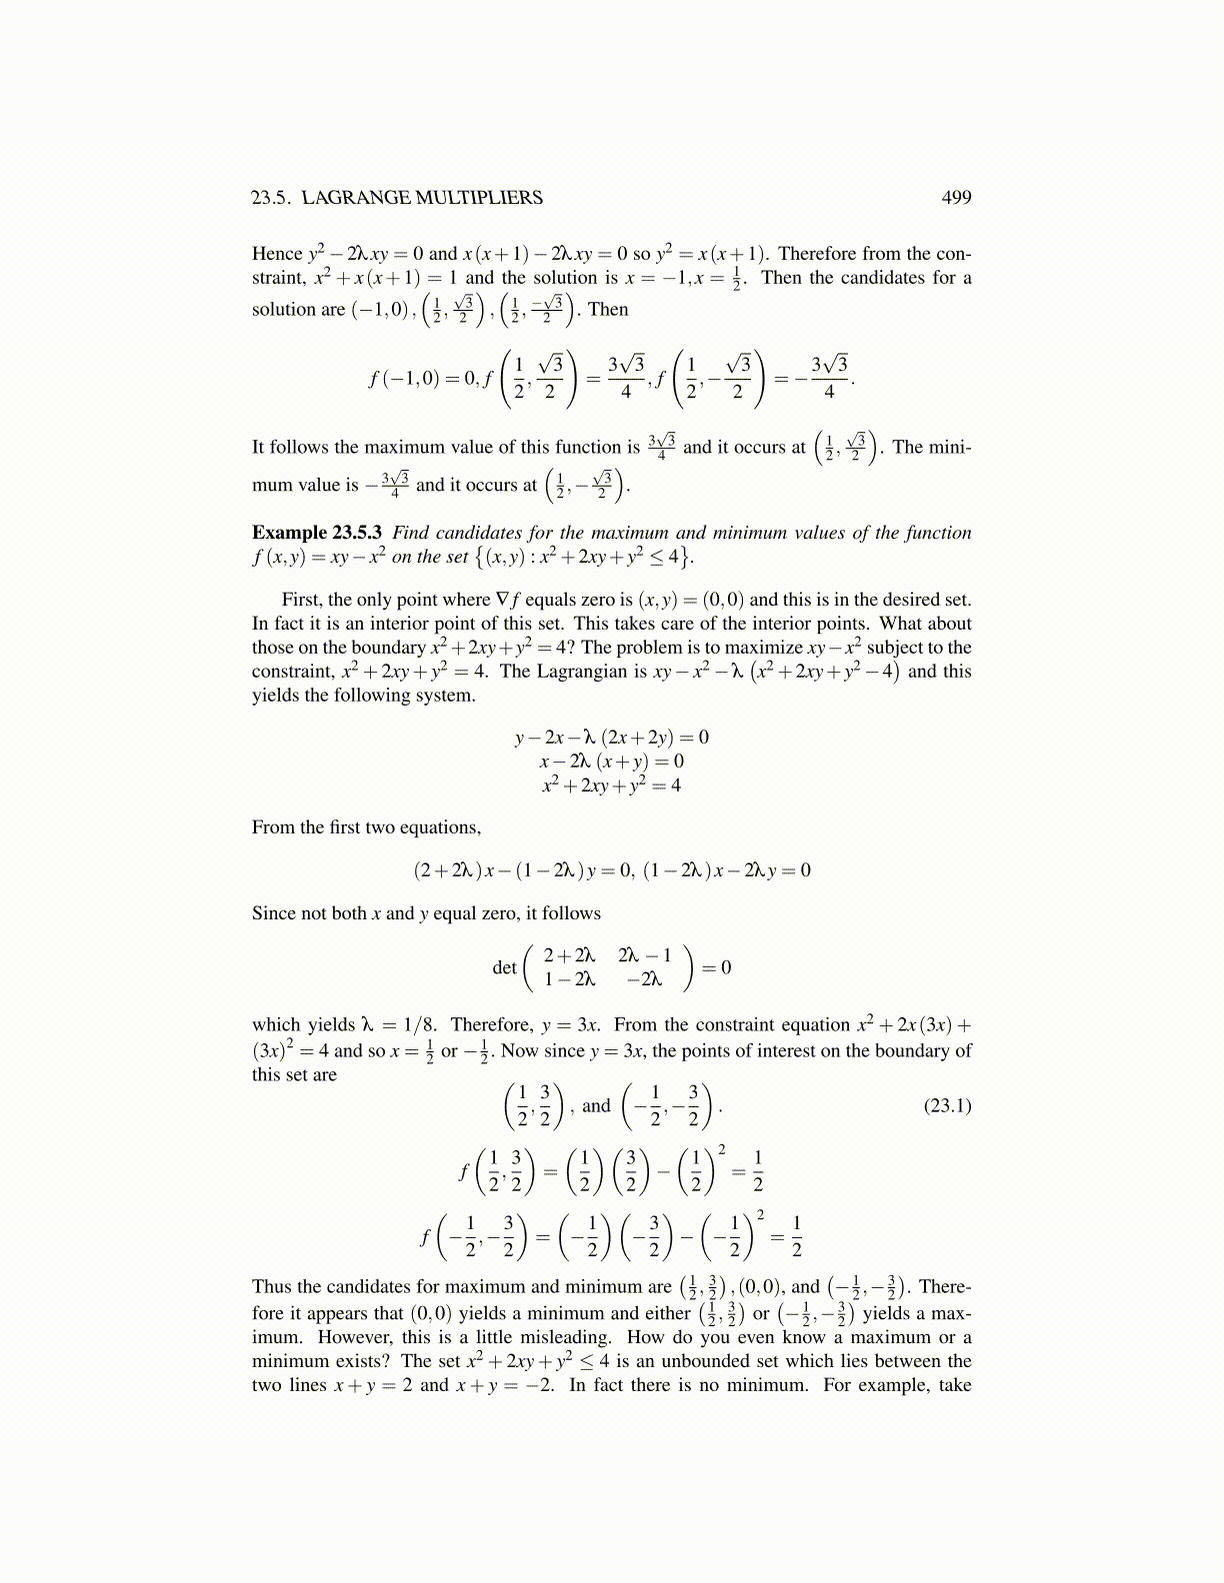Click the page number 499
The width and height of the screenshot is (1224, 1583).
(956, 198)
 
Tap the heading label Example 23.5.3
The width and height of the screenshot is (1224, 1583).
(316, 533)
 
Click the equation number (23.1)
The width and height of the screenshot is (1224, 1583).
(946, 1105)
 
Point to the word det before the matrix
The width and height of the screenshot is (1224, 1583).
(504, 967)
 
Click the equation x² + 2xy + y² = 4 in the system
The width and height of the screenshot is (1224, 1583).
(611, 786)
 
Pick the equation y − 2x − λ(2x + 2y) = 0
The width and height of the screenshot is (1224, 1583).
(611, 738)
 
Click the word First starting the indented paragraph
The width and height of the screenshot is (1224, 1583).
(302, 600)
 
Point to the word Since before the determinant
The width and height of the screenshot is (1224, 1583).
(273, 913)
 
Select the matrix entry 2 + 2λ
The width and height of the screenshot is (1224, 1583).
(569, 955)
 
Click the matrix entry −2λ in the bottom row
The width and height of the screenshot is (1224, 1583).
(644, 979)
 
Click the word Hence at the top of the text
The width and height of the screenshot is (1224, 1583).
(277, 254)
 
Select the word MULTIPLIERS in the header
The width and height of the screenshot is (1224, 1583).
(479, 198)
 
